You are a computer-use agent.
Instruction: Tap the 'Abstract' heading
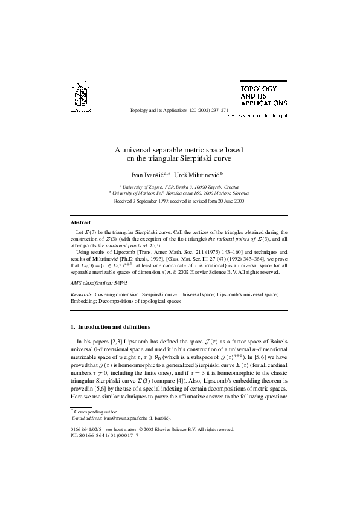(81, 223)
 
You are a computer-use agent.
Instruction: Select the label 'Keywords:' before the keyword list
(82, 293)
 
